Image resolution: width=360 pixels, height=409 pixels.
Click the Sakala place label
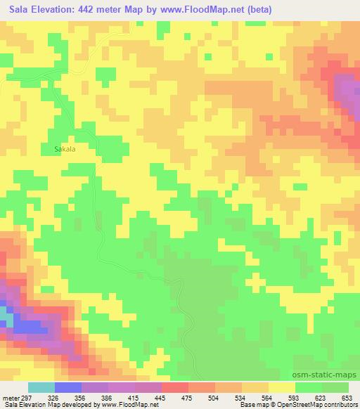coord(65,149)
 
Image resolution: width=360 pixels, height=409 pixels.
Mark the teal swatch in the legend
coord(41,387)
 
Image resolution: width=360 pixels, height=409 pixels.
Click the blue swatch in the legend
coord(68,387)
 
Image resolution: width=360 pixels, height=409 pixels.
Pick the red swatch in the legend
coord(176,387)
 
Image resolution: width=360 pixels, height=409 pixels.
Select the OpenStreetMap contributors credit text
coord(321,404)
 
